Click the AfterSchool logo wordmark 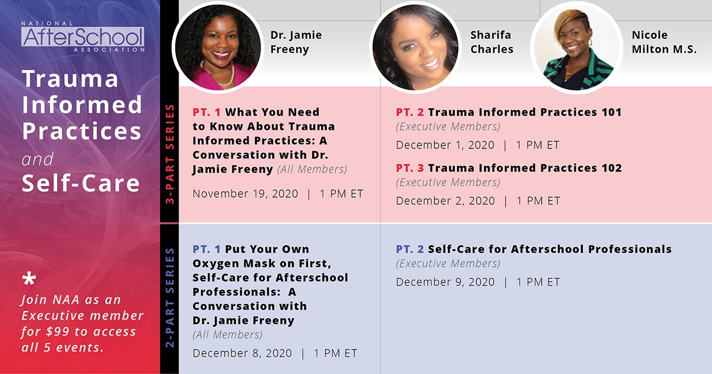82,37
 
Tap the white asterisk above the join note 29,279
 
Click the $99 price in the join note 58,331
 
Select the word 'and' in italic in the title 37,159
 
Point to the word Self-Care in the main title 81,183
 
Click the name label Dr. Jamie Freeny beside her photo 296,42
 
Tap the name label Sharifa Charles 492,42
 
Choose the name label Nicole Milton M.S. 664,42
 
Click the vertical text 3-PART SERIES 170,154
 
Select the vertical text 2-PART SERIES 170,297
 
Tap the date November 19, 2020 246,194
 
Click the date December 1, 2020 445,145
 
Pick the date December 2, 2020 446,201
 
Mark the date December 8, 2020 242,353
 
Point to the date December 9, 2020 446,282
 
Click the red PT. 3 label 410,168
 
